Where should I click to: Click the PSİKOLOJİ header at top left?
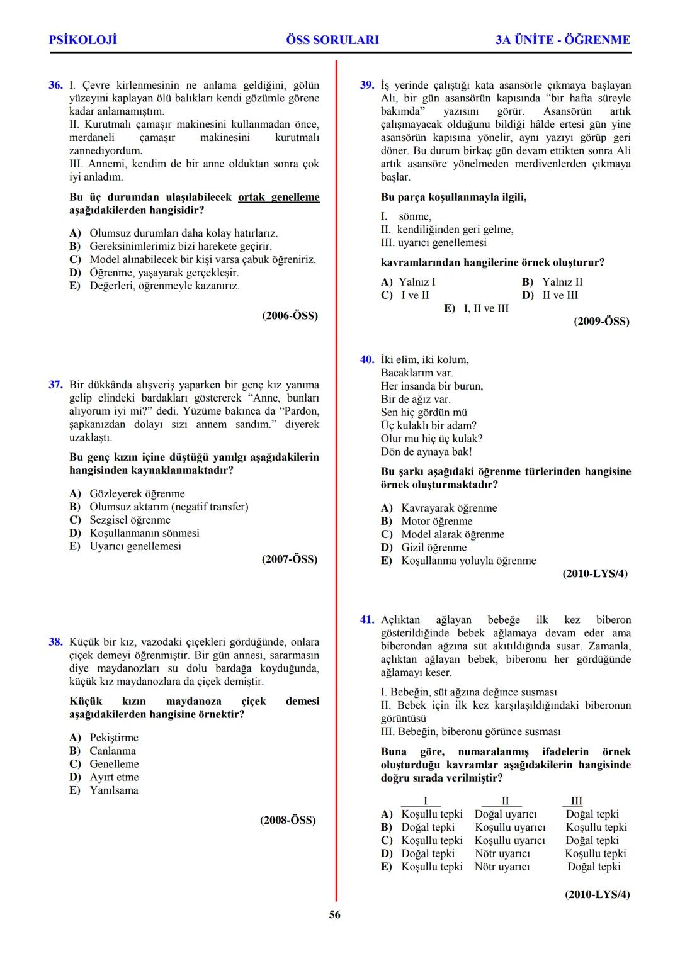(82, 40)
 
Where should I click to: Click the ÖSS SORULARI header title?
(332, 40)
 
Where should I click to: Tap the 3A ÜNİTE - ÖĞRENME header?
(562, 40)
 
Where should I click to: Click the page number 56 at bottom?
(334, 914)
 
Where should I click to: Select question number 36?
(55, 85)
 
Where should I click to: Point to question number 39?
(367, 85)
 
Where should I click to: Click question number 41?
(367, 620)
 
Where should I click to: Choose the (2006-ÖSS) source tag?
(290, 315)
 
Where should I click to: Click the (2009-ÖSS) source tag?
(601, 322)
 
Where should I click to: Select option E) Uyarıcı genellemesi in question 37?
(125, 546)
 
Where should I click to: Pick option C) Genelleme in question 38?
(105, 764)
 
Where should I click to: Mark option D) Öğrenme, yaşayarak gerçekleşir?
(154, 273)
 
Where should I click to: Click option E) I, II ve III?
(477, 308)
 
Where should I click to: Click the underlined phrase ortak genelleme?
(278, 197)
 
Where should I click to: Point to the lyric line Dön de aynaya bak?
(426, 452)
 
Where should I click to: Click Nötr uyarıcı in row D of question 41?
(502, 853)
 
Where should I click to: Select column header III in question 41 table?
(576, 801)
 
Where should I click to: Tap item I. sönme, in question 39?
(407, 216)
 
